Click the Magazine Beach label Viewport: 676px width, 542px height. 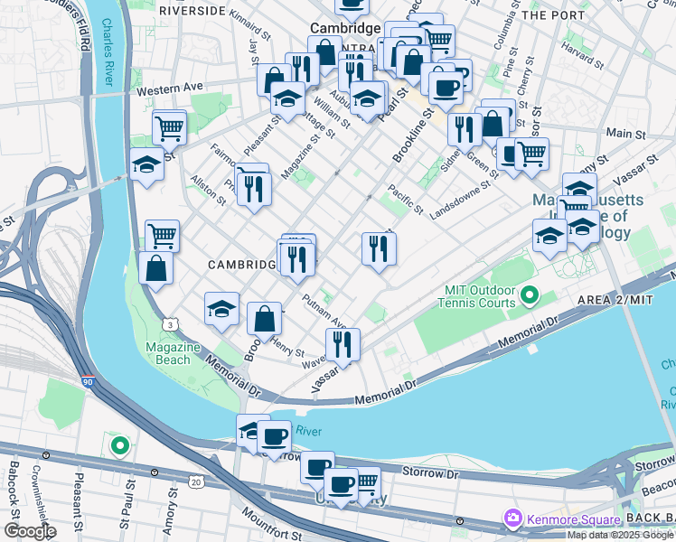pos(169,354)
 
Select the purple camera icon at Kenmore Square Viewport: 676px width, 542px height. pos(513,519)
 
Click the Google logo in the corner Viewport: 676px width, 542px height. pos(29,531)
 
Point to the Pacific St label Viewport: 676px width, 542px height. pos(405,199)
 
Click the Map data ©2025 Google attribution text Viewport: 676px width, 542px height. pos(621,535)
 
